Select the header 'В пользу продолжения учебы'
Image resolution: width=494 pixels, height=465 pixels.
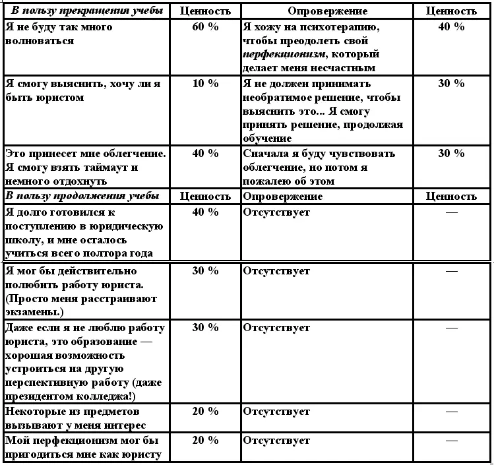click(x=82, y=196)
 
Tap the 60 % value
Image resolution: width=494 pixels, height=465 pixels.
click(x=205, y=27)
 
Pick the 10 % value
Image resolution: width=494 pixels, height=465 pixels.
click(x=205, y=84)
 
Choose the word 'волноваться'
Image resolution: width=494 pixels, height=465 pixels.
click(x=39, y=41)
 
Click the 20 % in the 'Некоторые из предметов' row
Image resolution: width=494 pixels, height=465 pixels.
click(x=205, y=412)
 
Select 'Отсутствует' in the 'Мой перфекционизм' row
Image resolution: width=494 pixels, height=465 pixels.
click(x=276, y=441)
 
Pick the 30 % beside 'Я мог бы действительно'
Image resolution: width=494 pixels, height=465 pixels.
click(x=205, y=270)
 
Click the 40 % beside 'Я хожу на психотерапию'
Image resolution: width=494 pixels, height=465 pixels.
click(x=451, y=27)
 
